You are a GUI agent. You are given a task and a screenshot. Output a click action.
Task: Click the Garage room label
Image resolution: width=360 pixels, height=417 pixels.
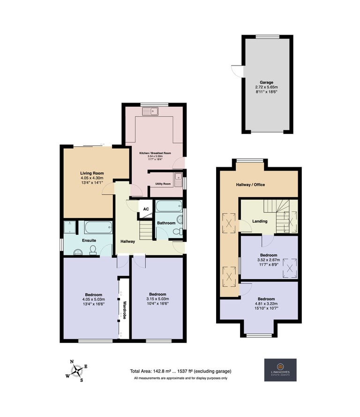[266, 82]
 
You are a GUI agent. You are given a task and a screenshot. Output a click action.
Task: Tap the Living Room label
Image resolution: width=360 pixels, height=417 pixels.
[92, 173]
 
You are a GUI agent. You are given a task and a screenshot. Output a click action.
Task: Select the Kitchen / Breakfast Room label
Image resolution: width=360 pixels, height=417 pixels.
[155, 153]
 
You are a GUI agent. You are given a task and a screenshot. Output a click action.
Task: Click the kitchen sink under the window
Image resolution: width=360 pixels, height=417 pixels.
[150, 112]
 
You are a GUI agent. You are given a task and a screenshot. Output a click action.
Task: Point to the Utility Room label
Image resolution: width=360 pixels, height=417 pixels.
[163, 184]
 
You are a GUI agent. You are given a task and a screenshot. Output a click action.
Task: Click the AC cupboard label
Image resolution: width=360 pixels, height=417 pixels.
[146, 209]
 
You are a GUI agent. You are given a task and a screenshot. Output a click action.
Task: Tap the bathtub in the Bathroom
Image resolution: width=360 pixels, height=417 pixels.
[169, 206]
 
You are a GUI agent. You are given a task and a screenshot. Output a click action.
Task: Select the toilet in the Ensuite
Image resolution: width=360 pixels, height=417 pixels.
[93, 250]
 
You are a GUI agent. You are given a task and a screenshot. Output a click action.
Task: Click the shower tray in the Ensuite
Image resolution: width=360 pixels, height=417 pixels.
[70, 227]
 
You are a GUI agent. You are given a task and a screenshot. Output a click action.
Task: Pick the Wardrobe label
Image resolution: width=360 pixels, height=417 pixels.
[124, 310]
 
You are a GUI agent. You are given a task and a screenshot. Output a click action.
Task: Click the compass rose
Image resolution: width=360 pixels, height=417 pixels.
[77, 371]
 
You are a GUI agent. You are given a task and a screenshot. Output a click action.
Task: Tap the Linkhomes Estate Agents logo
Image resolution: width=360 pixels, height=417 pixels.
[280, 370]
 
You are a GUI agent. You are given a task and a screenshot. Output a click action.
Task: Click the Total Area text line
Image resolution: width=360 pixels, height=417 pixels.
[180, 371]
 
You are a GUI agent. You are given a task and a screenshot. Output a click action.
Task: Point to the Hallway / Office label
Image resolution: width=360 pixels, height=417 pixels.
[250, 185]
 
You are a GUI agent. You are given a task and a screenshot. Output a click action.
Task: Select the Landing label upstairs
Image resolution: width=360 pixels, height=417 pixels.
[260, 221]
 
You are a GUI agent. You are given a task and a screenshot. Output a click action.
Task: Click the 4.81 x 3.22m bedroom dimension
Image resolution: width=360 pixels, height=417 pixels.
[266, 304]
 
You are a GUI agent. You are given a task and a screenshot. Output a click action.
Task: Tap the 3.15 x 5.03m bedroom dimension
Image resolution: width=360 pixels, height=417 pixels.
[157, 299]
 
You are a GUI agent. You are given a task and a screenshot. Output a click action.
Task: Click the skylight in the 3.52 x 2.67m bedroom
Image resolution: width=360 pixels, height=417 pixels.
[290, 268]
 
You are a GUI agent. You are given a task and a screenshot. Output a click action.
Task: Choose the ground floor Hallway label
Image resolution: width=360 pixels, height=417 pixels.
[127, 241]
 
